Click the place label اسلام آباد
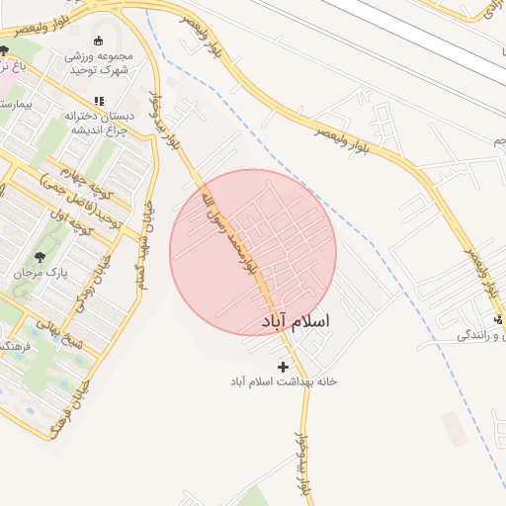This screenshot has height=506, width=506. click(295, 322)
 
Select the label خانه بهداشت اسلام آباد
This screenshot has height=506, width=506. click(284, 381)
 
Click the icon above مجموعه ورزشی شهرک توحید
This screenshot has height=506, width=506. click(98, 41)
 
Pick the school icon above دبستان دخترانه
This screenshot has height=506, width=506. click(98, 101)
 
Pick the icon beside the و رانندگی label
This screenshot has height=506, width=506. click(498, 319)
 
